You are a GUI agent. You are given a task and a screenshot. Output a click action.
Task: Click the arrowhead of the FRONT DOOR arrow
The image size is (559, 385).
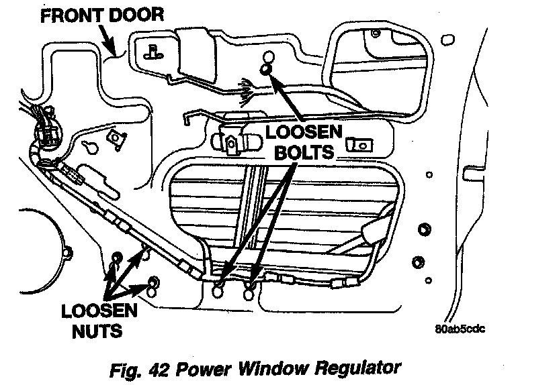[114, 50]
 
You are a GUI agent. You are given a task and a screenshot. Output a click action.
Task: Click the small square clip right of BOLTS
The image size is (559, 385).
[357, 144]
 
